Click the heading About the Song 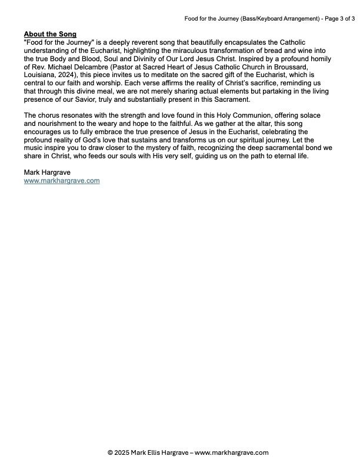pos(50,34)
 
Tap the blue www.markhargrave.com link pos(62,181)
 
